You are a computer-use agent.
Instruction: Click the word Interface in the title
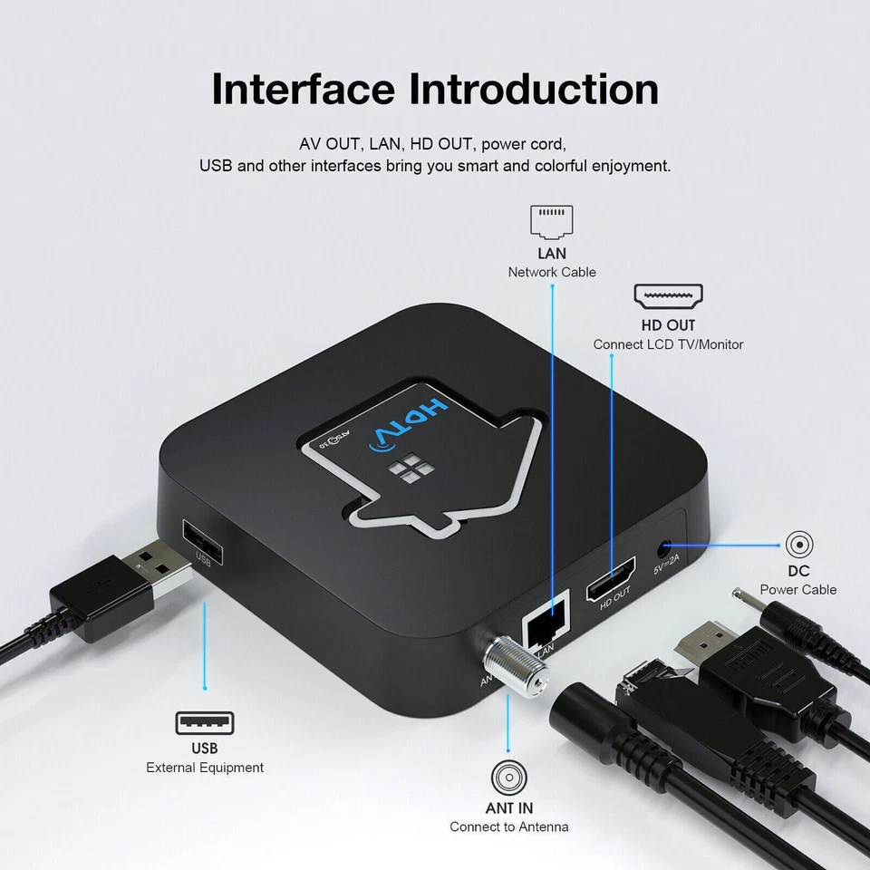(303, 90)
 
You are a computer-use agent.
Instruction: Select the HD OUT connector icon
(668, 296)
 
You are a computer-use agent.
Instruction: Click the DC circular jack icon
(798, 544)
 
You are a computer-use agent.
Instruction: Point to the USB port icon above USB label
(204, 723)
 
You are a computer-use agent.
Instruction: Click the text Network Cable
(552, 272)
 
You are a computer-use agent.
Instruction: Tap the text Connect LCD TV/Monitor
(668, 344)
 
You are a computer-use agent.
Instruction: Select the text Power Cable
(798, 589)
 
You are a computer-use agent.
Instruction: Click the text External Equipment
(205, 768)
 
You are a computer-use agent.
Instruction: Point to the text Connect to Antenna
(509, 826)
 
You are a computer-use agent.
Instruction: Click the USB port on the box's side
(200, 540)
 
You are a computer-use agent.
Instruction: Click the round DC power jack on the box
(668, 547)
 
